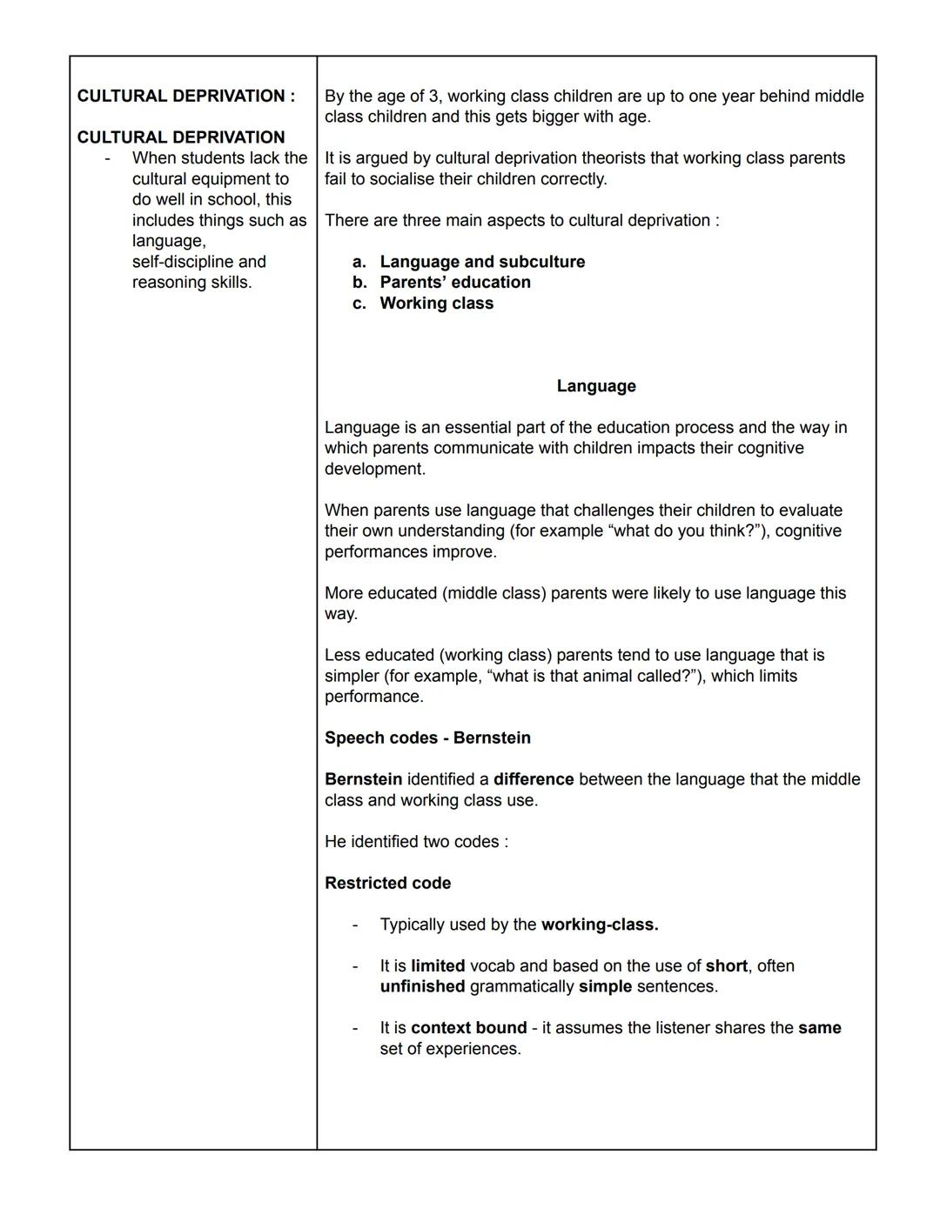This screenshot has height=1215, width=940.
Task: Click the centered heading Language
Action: [596, 386]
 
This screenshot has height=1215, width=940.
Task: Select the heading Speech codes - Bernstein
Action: [427, 738]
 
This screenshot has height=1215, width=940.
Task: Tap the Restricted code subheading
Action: [387, 883]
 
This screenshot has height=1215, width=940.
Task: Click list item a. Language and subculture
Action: [481, 262]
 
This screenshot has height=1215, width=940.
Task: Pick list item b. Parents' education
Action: [454, 283]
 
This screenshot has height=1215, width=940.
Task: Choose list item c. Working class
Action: [436, 304]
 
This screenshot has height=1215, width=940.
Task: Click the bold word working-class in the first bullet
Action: [599, 925]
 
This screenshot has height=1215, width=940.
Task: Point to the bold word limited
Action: [438, 966]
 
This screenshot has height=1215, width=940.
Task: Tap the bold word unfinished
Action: [422, 987]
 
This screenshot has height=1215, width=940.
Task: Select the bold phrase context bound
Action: [468, 1028]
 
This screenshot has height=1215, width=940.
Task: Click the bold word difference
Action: [534, 779]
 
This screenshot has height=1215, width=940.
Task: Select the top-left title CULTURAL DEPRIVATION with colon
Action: [186, 97]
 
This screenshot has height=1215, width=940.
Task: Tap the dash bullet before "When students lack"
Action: [107, 158]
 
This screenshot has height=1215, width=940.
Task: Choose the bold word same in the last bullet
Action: [819, 1028]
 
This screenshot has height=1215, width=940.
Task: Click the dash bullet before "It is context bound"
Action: [355, 1028]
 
